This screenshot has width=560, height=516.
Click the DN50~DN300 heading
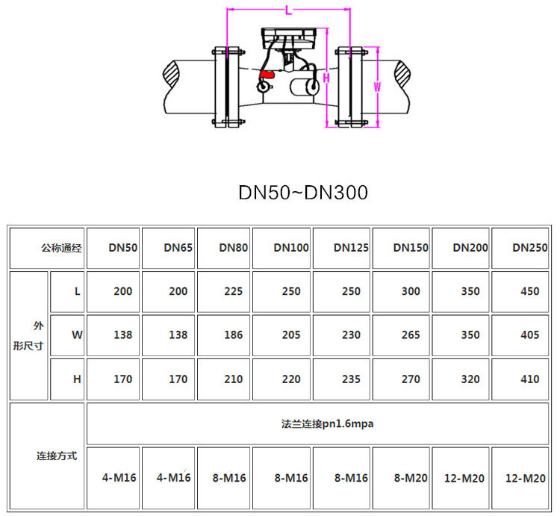pyautogui.click(x=303, y=193)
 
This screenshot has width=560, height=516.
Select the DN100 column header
pyautogui.click(x=291, y=247)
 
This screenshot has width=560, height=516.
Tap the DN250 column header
pyautogui.click(x=529, y=247)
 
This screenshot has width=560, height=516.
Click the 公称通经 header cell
pyautogui.click(x=61, y=247)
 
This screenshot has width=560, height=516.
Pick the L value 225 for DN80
pyautogui.click(x=233, y=291)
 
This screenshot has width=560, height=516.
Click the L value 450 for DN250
pyautogui.click(x=529, y=291)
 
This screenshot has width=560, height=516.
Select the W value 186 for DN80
pyautogui.click(x=233, y=335)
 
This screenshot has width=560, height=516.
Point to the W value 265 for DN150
pyautogui.click(x=411, y=335)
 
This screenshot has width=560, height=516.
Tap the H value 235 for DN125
pyautogui.click(x=351, y=379)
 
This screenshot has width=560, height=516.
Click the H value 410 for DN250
pyautogui.click(x=529, y=379)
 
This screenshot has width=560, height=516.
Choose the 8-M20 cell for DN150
pyautogui.click(x=411, y=478)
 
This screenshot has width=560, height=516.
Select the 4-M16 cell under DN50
pyautogui.click(x=119, y=478)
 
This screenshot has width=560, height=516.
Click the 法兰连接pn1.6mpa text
pyautogui.click(x=322, y=424)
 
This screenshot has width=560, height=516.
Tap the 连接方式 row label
pyautogui.click(x=57, y=455)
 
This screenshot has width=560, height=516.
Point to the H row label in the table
pyautogui.click(x=76, y=379)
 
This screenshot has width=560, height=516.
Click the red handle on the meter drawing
pyautogui.click(x=267, y=74)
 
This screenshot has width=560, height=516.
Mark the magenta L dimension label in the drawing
pyautogui.click(x=288, y=10)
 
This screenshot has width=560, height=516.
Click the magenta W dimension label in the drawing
pyautogui.click(x=377, y=87)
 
